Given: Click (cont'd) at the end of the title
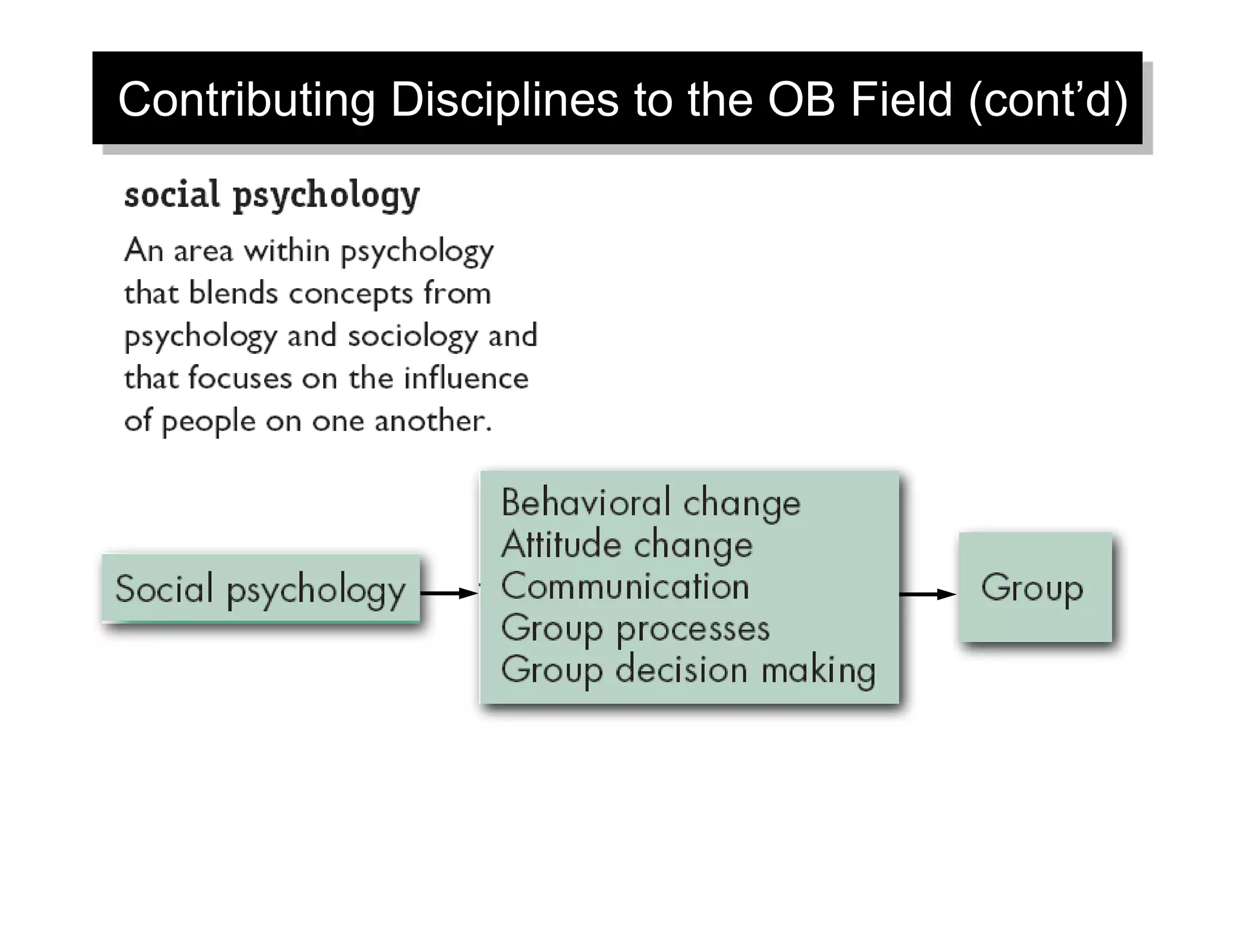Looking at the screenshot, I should (1048, 99).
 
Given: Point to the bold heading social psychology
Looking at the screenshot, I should (271, 195).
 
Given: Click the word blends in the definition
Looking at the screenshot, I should (233, 294).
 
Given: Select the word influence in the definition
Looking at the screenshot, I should (466, 379).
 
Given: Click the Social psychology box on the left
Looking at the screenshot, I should (261, 589).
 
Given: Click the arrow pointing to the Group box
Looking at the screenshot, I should (927, 594).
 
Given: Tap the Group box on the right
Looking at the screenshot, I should (1035, 587).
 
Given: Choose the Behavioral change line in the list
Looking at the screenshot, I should (651, 503).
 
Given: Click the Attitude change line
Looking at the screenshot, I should (627, 544).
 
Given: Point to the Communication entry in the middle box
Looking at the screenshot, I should (625, 586).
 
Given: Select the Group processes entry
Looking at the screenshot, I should (635, 628).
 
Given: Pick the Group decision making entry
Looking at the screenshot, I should (688, 670).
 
